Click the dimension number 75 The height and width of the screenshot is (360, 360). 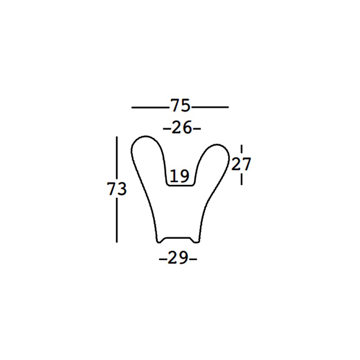(x=180, y=106)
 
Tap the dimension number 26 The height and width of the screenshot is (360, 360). (x=182, y=128)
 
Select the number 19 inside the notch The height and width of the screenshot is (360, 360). (x=180, y=176)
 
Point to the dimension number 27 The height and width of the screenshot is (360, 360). (x=241, y=164)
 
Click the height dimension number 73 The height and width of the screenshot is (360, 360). (x=117, y=189)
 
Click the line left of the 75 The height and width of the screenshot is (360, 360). (x=150, y=107)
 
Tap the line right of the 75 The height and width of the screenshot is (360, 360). (x=210, y=107)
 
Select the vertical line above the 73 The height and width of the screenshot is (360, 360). (x=117, y=158)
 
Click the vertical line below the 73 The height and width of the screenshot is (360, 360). (x=117, y=220)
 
